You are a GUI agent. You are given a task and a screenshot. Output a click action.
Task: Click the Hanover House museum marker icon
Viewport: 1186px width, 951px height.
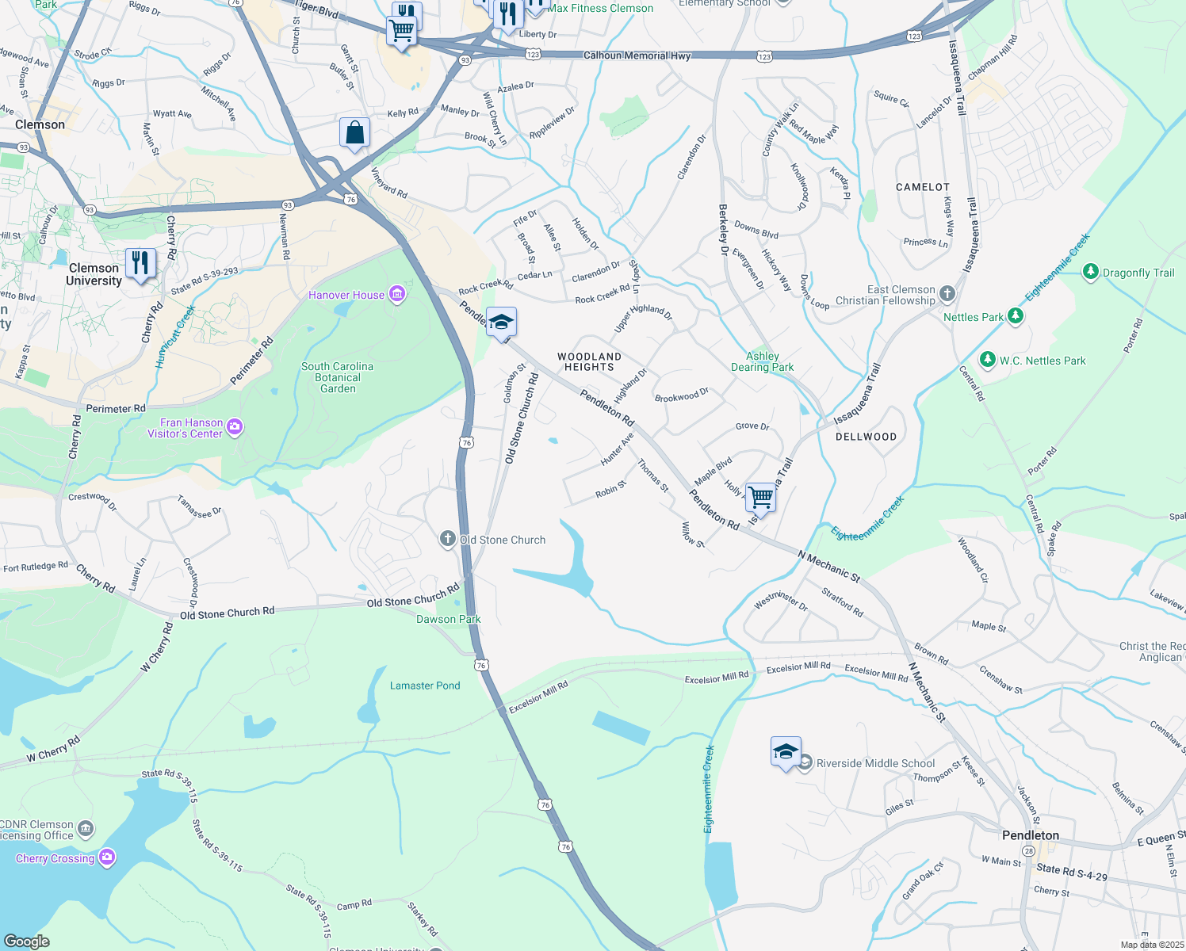click(x=397, y=295)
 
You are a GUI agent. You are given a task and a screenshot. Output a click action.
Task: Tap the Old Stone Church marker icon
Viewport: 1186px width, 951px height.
click(x=448, y=540)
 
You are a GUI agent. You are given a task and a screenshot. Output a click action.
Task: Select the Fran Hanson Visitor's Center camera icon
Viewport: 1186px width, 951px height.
click(x=235, y=428)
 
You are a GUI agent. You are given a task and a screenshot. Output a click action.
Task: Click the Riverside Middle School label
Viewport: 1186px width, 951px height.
click(x=875, y=763)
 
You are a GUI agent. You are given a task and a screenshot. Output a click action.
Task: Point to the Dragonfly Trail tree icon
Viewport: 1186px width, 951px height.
click(x=1091, y=273)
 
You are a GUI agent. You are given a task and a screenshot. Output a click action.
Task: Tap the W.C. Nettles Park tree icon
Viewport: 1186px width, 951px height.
click(x=987, y=361)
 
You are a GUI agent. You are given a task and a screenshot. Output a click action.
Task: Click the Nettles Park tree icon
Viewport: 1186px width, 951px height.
click(x=1015, y=317)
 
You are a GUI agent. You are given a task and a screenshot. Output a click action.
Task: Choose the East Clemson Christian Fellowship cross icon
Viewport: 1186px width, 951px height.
click(x=947, y=295)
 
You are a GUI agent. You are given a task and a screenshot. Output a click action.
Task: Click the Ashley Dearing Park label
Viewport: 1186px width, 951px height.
click(x=762, y=361)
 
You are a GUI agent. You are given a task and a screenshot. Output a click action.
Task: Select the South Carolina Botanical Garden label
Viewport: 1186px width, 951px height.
click(x=337, y=377)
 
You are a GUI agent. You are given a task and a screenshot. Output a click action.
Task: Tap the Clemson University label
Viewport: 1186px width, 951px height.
click(x=94, y=274)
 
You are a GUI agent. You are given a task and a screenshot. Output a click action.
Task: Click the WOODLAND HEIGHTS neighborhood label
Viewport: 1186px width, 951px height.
click(x=589, y=361)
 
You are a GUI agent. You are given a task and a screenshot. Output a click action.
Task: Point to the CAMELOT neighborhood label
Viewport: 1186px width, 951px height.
click(x=922, y=187)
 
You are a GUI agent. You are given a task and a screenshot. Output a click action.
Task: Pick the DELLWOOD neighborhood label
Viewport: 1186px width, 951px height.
click(x=866, y=437)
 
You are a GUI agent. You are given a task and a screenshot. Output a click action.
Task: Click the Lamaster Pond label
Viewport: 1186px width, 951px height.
click(x=425, y=686)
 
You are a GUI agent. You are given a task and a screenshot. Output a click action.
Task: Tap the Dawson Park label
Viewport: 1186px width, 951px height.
click(x=449, y=619)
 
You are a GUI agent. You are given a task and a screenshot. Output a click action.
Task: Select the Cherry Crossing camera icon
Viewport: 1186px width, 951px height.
click(x=107, y=857)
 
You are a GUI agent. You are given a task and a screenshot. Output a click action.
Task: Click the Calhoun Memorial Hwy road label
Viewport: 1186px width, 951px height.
click(x=637, y=55)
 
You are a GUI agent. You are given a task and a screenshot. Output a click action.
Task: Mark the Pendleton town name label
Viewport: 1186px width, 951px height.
click(x=1030, y=835)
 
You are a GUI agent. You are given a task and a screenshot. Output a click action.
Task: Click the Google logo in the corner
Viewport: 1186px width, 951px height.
click(x=27, y=941)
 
